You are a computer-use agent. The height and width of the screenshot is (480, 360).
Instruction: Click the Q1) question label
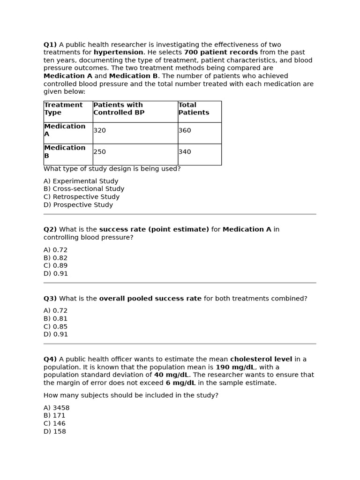click(50, 45)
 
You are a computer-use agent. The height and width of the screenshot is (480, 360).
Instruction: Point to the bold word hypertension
click(118, 52)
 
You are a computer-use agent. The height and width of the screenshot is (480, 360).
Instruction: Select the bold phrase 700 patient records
click(220, 52)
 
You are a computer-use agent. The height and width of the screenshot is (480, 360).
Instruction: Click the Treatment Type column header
click(63, 109)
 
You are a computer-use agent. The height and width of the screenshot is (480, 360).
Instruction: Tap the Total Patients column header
click(194, 109)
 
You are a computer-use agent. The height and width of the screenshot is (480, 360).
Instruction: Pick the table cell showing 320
click(100, 131)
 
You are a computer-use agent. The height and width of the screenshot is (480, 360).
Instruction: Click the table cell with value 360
click(185, 131)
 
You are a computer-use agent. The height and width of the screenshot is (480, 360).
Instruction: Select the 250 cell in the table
click(100, 152)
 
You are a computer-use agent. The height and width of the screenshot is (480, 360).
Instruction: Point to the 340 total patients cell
click(185, 152)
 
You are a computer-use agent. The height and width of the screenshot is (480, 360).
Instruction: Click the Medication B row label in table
click(65, 152)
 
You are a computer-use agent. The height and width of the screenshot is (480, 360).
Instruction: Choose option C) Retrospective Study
click(82, 197)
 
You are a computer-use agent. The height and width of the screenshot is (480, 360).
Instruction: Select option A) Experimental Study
click(81, 181)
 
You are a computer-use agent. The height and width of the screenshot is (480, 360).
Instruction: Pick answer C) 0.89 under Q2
click(56, 266)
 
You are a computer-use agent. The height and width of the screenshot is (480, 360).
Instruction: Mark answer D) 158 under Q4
click(55, 431)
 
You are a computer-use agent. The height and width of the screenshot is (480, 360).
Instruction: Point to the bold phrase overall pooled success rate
click(150, 299)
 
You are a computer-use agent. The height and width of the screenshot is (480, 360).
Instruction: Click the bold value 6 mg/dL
click(180, 383)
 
